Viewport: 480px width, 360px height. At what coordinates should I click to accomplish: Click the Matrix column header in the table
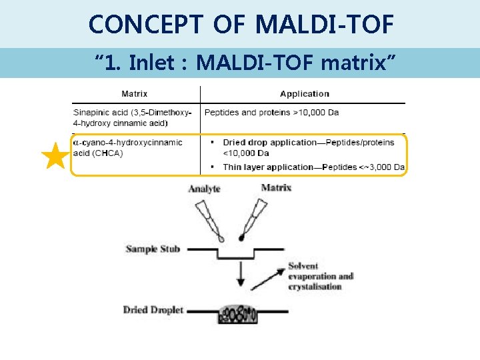135,94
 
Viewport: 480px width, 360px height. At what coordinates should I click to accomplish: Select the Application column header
304,94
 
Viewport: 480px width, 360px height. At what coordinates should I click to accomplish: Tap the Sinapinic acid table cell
133,117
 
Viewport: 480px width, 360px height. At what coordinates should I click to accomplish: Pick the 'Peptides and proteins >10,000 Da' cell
271,112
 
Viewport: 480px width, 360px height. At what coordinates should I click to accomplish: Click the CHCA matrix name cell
127,147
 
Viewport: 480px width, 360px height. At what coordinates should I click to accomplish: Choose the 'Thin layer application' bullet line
313,167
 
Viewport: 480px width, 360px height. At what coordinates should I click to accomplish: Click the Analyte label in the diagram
204,189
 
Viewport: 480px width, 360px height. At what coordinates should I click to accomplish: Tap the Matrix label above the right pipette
275,187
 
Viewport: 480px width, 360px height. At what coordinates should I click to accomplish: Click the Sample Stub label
153,249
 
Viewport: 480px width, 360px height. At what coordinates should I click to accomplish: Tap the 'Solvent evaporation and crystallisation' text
320,277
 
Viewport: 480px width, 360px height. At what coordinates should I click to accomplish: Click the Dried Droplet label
153,310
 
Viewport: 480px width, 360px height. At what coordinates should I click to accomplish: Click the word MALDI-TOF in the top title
325,25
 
